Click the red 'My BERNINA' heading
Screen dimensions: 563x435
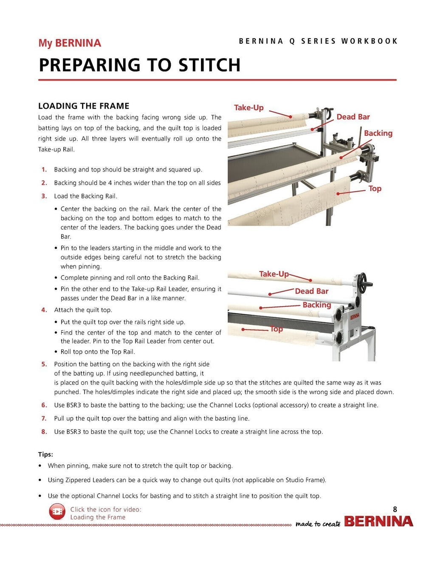[x=70, y=43]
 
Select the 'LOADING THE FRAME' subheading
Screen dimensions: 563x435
[x=84, y=106]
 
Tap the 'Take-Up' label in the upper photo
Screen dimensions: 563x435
[x=249, y=108]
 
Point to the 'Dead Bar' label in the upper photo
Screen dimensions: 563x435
[x=353, y=117]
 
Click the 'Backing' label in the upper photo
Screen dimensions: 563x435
[x=378, y=133]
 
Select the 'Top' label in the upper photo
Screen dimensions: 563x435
[x=375, y=189]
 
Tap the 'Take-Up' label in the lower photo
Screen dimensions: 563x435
[x=274, y=274]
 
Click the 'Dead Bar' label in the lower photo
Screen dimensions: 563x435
[x=311, y=291]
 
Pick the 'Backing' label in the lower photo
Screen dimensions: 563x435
[x=316, y=305]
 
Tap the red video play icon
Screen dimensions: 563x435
[x=57, y=512]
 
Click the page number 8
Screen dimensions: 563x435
[x=395, y=510]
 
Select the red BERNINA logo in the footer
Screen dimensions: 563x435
[x=378, y=521]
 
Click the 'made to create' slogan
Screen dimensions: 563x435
[x=318, y=524]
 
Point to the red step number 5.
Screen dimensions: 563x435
[x=44, y=364]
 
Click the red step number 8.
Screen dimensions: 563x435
[x=44, y=432]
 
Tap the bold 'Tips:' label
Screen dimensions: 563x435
[x=45, y=454]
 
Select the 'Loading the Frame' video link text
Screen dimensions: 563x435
[x=98, y=517]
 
